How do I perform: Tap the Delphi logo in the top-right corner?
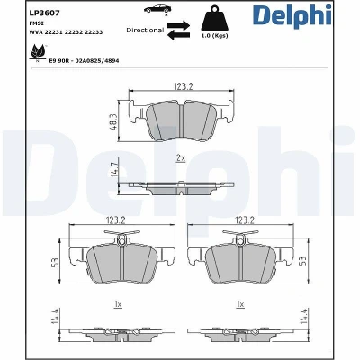[x=292, y=16]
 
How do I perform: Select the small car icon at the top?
[x=156, y=9]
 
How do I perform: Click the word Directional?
[x=145, y=30]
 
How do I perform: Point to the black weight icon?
[x=214, y=18]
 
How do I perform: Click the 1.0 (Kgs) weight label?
[x=214, y=36]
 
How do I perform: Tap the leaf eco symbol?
[x=38, y=51]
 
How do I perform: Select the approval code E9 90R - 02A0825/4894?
[x=84, y=61]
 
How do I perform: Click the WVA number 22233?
[x=94, y=32]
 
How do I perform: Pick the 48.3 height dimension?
[x=113, y=121]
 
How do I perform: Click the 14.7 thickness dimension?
[x=114, y=169]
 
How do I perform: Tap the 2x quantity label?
[x=181, y=158]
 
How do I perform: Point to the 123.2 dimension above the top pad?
[x=183, y=86]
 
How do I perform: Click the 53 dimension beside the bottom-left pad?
[x=55, y=263]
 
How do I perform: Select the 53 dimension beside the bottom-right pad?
[x=303, y=260]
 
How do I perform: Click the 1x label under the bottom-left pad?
[x=118, y=304]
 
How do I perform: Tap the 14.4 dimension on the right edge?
[x=303, y=315]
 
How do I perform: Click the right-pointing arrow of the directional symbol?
[x=178, y=25]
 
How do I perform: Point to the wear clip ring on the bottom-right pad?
[x=239, y=240]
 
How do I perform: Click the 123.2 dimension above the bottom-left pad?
[x=115, y=220]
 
